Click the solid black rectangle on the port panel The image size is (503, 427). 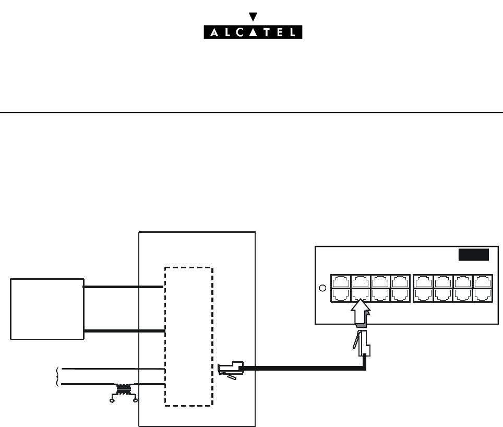click(473, 255)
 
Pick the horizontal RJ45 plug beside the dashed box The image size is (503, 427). click(230, 368)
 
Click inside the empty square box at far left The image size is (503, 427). click(47, 309)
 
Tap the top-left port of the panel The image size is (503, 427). click(340, 281)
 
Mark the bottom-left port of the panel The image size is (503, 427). click(340, 294)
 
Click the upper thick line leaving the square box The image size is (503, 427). click(124, 287)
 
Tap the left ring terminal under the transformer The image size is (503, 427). click(111, 401)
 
